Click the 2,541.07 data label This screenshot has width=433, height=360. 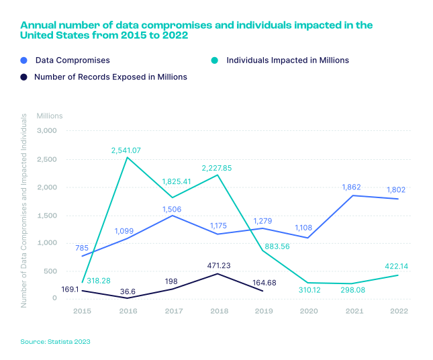tap(126, 150)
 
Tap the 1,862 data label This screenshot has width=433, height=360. tap(352, 187)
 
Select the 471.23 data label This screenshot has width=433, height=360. tap(219, 265)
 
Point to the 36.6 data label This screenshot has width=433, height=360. tap(128, 291)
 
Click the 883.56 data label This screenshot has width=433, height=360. tap(277, 246)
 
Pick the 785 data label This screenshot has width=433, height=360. tap(82, 248)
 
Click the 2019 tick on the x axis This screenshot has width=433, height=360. tap(264, 312)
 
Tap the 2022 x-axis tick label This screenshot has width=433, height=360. tap(399, 312)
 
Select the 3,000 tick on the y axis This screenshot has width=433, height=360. tap(47, 131)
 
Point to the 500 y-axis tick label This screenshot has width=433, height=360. tap(50, 271)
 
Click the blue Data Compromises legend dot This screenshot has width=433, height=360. tap(23, 60)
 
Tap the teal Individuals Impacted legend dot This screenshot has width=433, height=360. tap(215, 60)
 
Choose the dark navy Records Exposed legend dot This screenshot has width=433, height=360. tap(23, 77)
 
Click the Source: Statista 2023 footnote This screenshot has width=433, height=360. tap(55, 342)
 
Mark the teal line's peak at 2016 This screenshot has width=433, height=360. tap(127, 157)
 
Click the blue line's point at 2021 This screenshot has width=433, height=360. tap(353, 195)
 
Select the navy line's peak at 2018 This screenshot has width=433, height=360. tap(218, 274)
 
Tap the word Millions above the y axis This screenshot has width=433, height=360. tap(50, 116)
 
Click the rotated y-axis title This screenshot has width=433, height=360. tap(24, 210)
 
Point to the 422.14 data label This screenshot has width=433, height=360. tap(396, 267)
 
